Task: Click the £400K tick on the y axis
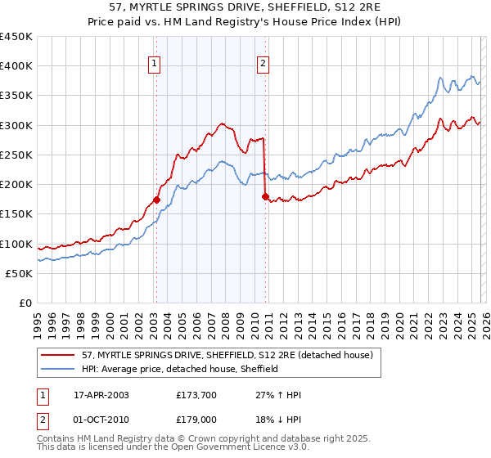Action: pos(16,66)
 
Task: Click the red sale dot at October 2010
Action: pos(264,196)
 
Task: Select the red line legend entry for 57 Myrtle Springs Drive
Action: pos(227,355)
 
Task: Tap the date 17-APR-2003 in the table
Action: pos(101,394)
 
